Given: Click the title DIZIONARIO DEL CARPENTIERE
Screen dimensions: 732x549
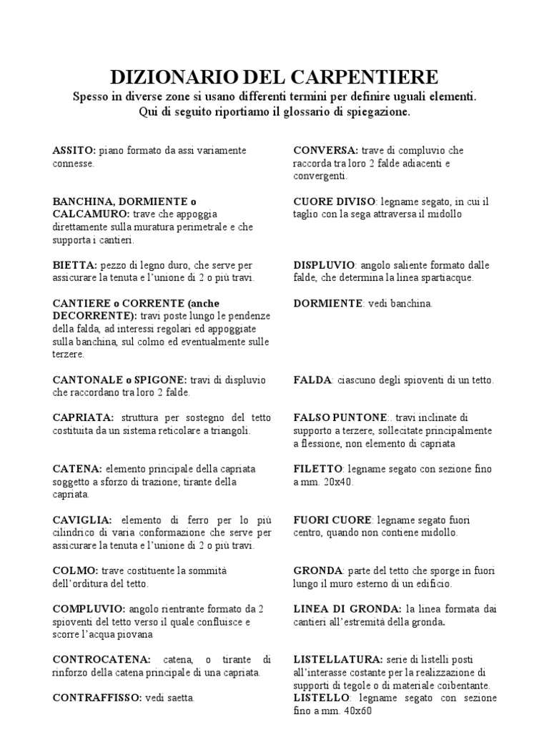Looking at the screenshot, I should pos(274,77).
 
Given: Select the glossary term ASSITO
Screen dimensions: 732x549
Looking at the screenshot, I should pos(74,151).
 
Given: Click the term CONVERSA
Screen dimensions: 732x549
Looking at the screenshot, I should pos(326,151).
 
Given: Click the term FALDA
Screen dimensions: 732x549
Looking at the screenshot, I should pos(312,380).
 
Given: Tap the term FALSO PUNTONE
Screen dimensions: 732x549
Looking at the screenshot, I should pos(340,417).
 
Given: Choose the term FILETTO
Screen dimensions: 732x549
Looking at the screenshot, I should pos(317,469).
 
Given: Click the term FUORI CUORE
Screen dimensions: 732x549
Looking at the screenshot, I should pos(332,520).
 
